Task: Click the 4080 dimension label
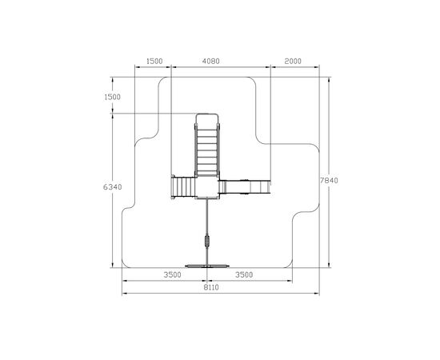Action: click(x=211, y=61)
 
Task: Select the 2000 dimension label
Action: click(x=293, y=61)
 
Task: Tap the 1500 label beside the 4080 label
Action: click(x=154, y=61)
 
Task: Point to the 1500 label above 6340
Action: click(x=112, y=97)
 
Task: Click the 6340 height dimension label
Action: click(x=113, y=186)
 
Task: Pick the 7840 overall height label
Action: click(x=329, y=180)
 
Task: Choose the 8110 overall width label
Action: click(x=211, y=287)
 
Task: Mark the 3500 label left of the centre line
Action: click(x=172, y=274)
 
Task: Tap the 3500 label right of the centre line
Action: click(x=244, y=274)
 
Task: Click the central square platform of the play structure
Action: click(x=207, y=188)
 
